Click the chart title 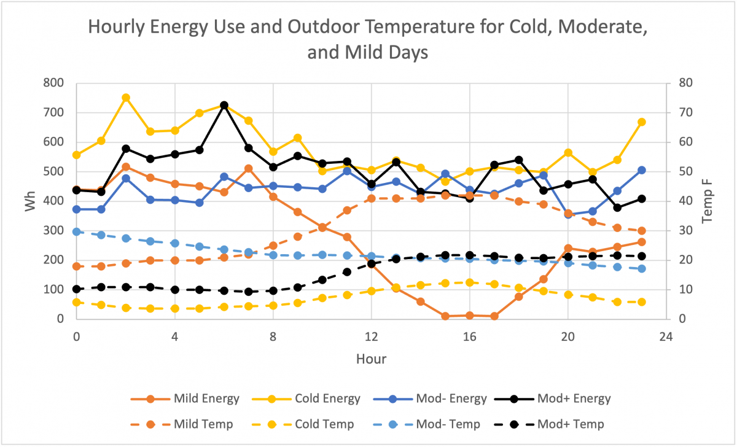(x=368, y=40)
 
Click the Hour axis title (x=371, y=359)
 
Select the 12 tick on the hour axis (x=371, y=336)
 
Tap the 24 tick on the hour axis (x=666, y=336)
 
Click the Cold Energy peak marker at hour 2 (x=125, y=98)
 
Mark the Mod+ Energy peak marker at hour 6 (x=224, y=105)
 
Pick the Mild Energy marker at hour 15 (x=445, y=316)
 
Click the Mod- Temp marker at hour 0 (x=76, y=231)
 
